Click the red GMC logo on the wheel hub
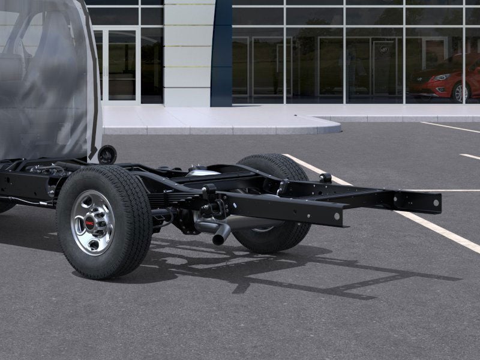click(x=90, y=223)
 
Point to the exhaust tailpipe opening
click(x=220, y=239)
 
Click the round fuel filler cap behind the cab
click(x=107, y=154)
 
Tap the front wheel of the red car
click(x=460, y=93)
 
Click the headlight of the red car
click(x=442, y=77)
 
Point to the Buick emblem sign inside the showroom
click(x=384, y=49)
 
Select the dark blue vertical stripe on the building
click(x=221, y=54)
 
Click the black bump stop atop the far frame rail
click(x=325, y=178)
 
